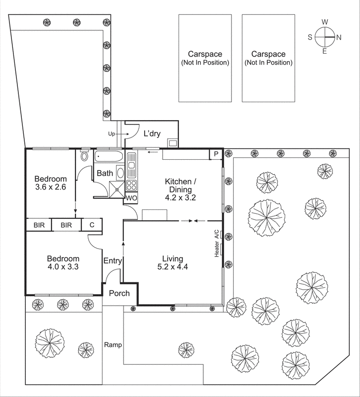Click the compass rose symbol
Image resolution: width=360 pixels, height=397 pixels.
(325, 37)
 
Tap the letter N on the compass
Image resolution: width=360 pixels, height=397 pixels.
(339, 37)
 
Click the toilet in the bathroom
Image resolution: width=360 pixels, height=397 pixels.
(84, 156)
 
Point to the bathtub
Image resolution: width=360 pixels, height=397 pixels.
(109, 156)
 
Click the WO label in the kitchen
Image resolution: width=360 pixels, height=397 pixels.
(131, 198)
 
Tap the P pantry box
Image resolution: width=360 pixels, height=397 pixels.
(216, 154)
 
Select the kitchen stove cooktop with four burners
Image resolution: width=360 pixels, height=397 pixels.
(132, 186)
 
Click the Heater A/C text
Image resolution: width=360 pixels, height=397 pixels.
(217, 244)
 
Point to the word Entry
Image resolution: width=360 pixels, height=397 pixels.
(112, 261)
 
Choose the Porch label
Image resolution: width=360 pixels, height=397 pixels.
(119, 293)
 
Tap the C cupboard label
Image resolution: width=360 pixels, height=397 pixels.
(92, 225)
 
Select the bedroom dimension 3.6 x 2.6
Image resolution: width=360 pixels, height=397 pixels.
(51, 187)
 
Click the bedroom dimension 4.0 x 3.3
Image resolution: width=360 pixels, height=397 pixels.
(63, 266)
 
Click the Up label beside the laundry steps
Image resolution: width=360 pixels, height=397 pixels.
(111, 133)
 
